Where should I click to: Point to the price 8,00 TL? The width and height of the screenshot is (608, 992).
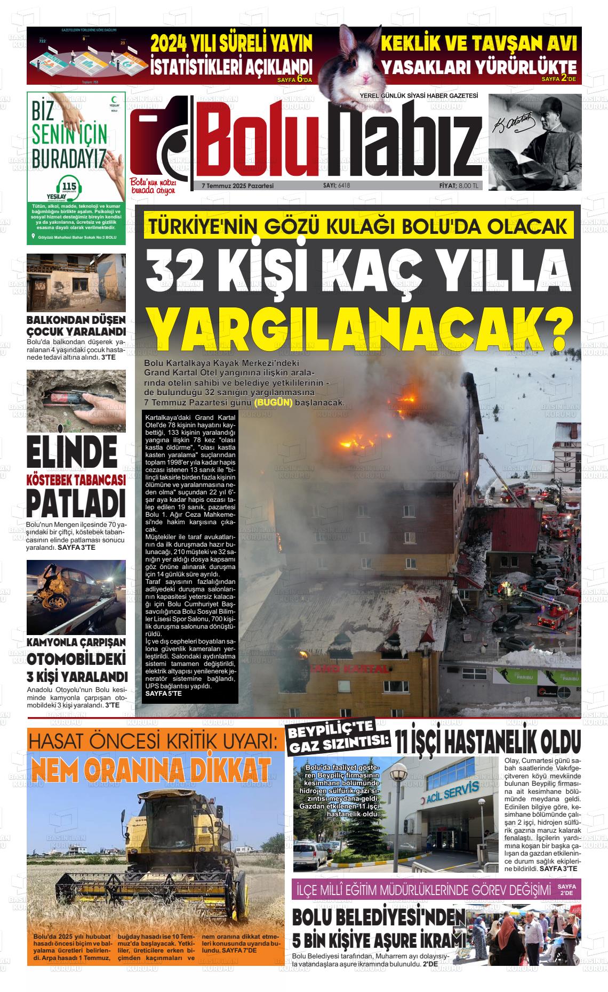click(469, 185)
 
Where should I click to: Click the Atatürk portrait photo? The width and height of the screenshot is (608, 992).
click(535, 142)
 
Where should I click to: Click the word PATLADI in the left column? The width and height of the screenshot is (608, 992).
click(76, 503)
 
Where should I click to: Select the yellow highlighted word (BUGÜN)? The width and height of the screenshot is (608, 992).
click(274, 402)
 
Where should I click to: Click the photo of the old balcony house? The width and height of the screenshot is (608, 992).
click(76, 282)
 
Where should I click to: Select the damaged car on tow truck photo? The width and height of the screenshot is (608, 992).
click(76, 597)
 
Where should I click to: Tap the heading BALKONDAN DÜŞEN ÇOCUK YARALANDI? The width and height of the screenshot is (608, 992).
click(76, 325)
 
